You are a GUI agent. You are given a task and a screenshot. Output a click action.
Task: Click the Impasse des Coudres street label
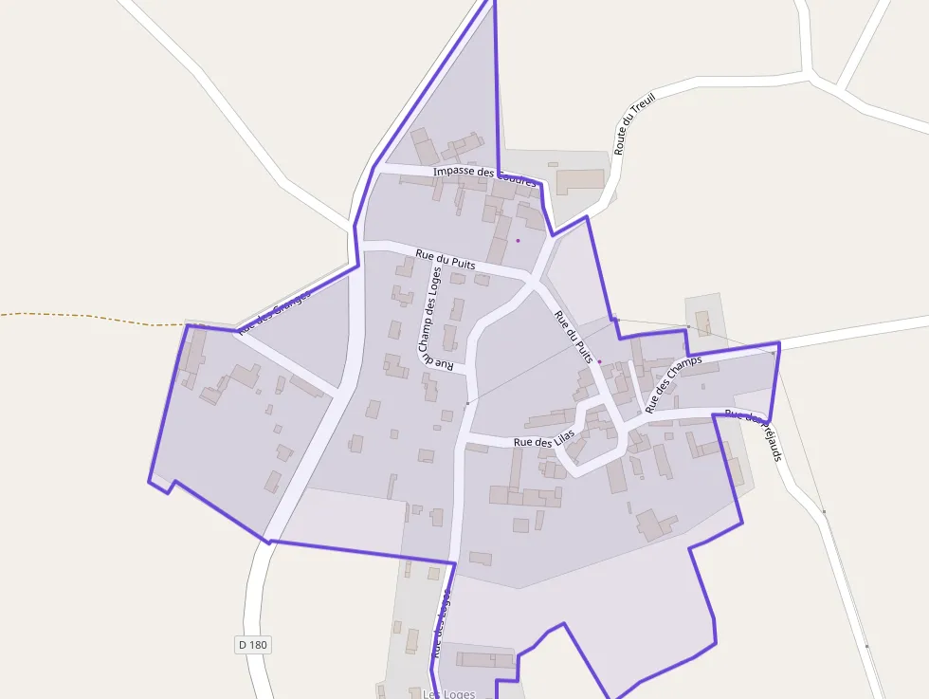point(484,175)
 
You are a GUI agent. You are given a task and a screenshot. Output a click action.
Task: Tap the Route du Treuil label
point(622,129)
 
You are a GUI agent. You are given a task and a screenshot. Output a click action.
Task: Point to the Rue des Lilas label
point(544,438)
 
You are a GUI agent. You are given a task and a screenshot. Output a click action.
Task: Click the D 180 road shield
point(253,645)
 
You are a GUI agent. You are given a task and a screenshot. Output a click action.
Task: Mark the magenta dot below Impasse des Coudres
point(518,240)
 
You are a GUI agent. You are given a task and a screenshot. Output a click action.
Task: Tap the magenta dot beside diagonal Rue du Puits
point(599,361)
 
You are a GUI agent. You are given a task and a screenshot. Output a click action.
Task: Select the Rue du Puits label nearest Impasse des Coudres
point(445,259)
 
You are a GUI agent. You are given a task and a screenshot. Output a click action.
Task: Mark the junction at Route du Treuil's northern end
point(807,73)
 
